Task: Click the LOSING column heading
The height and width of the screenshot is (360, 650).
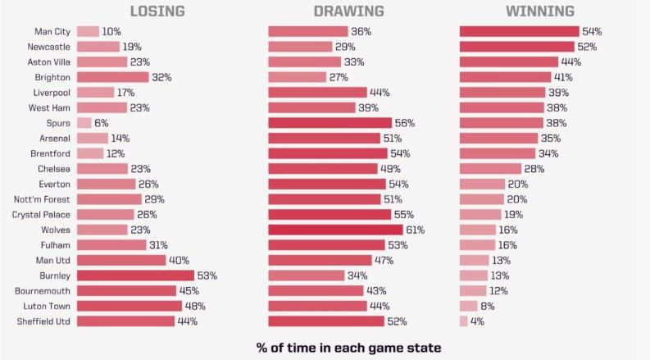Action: click(157, 11)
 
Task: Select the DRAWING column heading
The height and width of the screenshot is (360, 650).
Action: click(348, 11)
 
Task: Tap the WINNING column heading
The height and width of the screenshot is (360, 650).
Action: click(539, 11)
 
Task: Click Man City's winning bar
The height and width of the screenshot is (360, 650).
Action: click(519, 31)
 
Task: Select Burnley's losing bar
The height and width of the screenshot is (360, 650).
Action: click(135, 276)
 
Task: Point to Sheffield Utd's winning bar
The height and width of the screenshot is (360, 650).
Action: click(463, 321)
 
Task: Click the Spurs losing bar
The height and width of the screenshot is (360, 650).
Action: click(84, 123)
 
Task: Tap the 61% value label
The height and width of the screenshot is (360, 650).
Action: click(415, 230)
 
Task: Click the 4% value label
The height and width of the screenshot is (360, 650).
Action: click(478, 321)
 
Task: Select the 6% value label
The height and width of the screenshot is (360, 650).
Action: click(102, 123)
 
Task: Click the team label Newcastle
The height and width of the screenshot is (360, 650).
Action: click(48, 47)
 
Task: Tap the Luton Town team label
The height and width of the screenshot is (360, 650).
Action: click(47, 306)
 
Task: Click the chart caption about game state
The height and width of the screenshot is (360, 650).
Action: click(348, 347)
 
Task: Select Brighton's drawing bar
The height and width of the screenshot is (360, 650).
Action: click(297, 77)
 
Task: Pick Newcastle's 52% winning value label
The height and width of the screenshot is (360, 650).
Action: click(586, 47)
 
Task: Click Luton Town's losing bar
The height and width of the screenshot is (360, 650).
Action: click(129, 306)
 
